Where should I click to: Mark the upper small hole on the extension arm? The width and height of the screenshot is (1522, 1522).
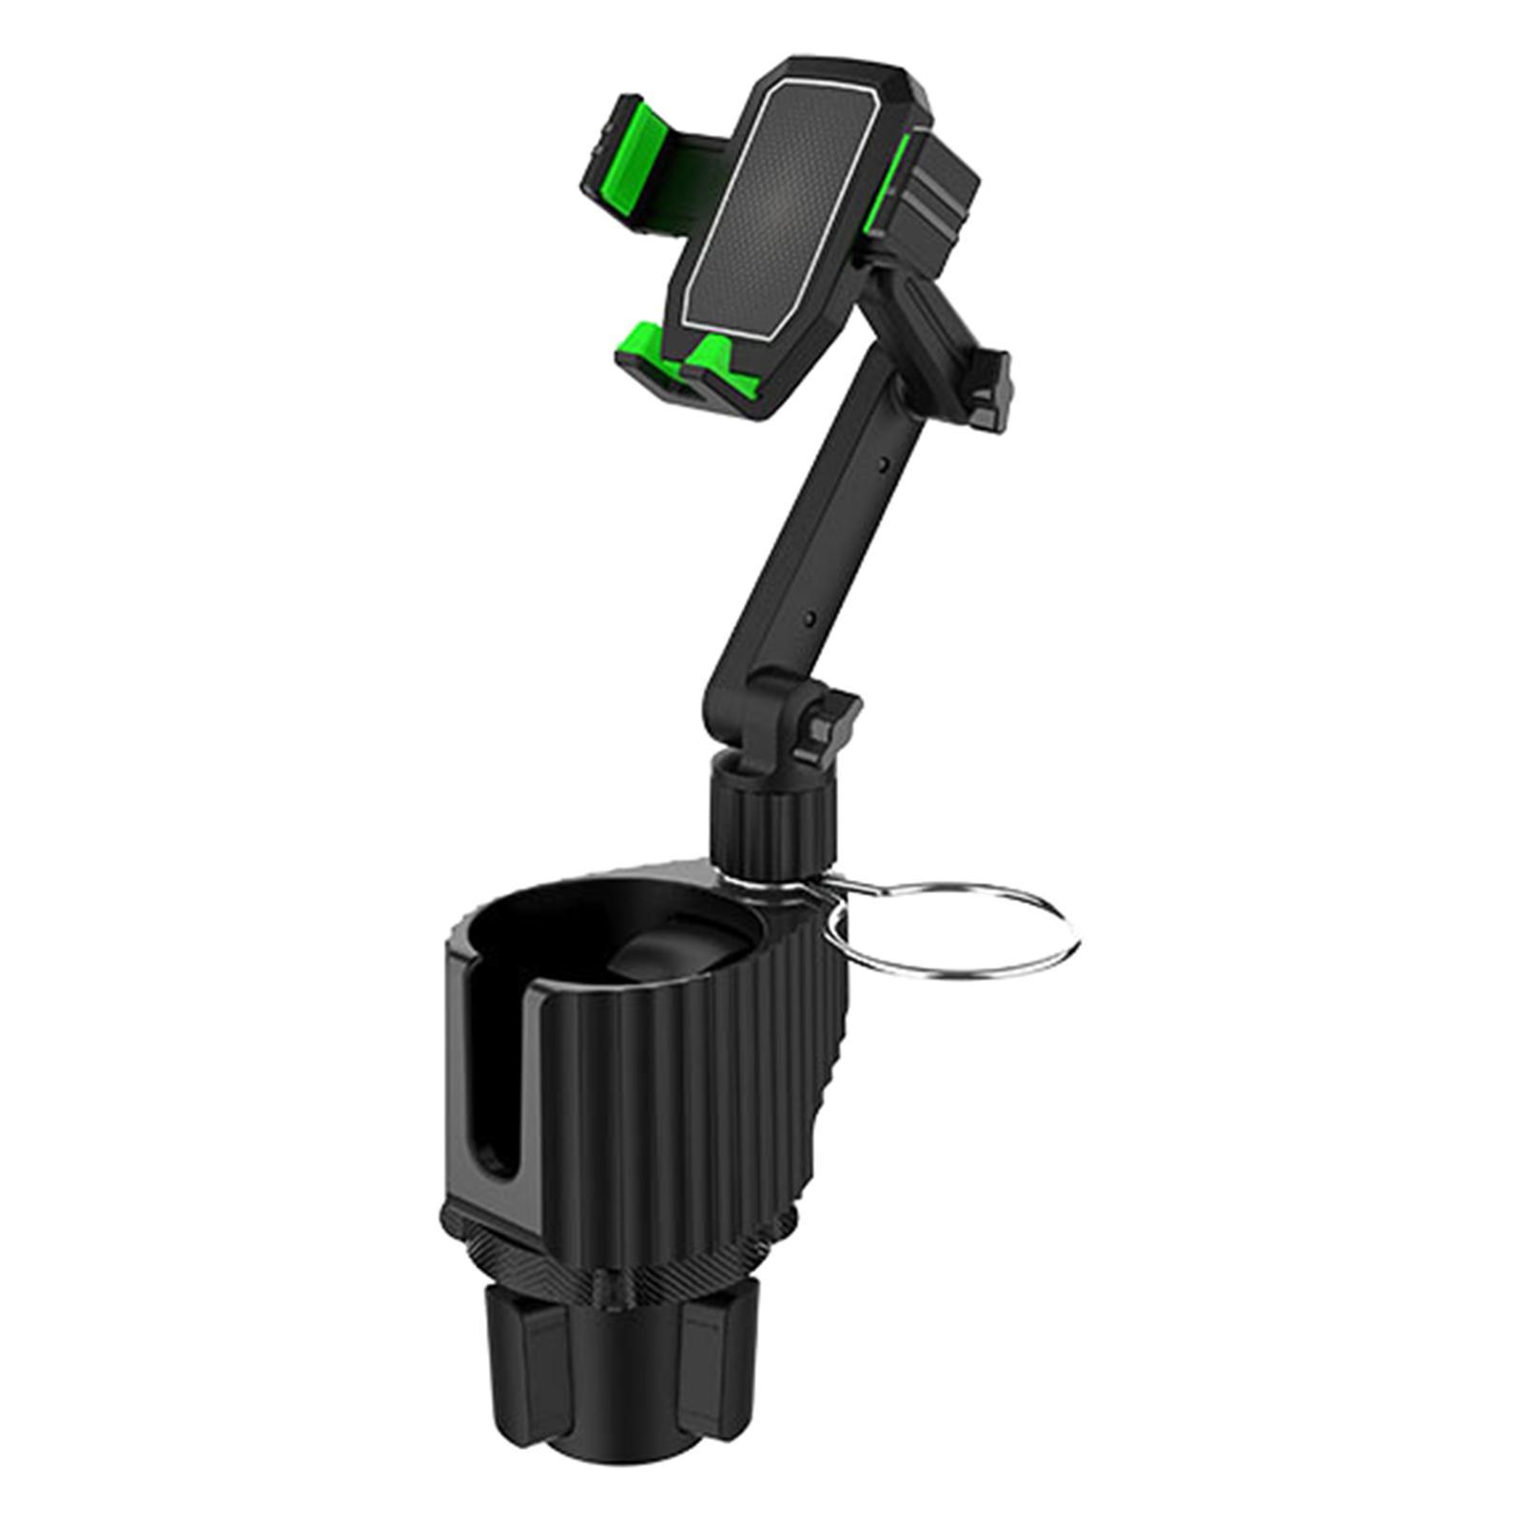tap(886, 463)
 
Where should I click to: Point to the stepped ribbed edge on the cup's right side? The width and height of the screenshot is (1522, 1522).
tap(837, 1094)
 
